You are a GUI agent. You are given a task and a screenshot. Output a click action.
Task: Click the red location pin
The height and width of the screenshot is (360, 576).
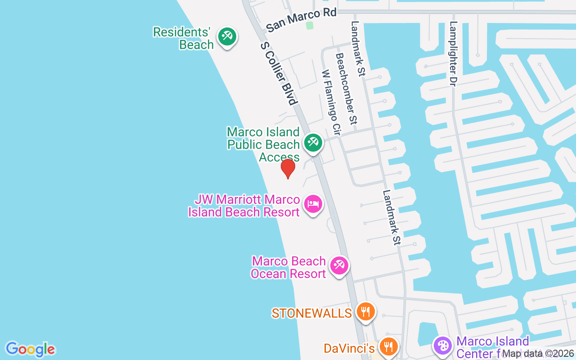[288, 169]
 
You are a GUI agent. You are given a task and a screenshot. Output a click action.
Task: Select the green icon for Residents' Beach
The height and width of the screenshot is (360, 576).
[227, 36]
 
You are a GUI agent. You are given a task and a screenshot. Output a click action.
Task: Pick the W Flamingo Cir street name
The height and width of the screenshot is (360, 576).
[331, 103]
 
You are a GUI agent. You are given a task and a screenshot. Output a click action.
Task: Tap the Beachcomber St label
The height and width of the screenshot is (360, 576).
[346, 89]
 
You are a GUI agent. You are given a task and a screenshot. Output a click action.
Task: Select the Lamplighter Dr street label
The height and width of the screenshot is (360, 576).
[453, 54]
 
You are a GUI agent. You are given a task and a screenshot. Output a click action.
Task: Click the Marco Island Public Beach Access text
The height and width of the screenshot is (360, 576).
[264, 144]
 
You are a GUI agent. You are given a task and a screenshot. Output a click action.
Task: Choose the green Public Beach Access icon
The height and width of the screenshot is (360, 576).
[313, 142]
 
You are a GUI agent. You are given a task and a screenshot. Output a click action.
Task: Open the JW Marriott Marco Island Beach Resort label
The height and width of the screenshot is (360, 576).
[244, 206]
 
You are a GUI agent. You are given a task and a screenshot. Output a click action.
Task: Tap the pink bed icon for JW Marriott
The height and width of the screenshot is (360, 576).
[313, 204]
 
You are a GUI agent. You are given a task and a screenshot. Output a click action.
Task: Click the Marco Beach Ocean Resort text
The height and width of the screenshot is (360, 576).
[288, 267]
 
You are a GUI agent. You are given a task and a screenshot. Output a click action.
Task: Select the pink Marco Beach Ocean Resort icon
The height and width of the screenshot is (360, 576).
[339, 265]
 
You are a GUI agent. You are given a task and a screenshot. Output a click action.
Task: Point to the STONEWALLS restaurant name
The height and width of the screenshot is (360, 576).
[311, 313]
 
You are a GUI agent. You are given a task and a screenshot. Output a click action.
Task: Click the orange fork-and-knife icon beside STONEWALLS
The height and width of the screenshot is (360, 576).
[365, 311]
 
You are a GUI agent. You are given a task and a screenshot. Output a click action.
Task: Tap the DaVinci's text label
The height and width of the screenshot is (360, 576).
[349, 348]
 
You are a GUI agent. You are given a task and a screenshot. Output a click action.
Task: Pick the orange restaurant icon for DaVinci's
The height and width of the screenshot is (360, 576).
[387, 346]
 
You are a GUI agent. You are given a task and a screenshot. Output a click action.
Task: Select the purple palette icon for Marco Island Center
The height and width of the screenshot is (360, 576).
[443, 346]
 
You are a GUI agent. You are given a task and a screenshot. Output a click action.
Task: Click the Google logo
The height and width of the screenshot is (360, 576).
[30, 349]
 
